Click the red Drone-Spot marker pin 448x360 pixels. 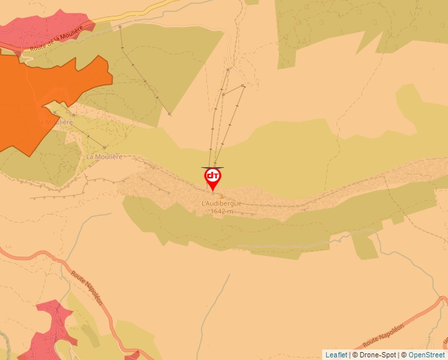(213, 178)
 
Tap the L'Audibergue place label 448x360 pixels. (221, 204)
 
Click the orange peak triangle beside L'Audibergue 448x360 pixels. (221, 196)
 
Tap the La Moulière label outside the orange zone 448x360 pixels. (104, 157)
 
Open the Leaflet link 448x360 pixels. (336, 355)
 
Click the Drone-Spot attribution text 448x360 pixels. (374, 355)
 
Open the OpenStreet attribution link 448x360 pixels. (426, 355)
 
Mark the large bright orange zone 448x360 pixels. (40, 99)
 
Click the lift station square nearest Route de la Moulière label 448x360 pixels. (121, 27)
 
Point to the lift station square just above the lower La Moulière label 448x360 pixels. (105, 147)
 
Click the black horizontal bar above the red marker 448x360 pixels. (213, 167)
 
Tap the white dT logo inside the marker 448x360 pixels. (213, 176)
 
